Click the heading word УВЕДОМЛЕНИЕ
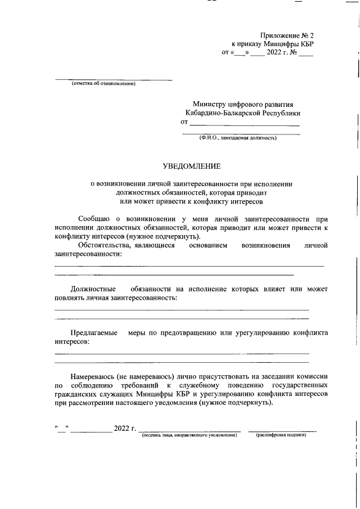[192, 166]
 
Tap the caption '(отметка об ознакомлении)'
[103, 84]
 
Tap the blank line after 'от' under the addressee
[244, 124]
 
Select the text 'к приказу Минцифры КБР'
[272, 44]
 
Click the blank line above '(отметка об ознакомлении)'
[113, 80]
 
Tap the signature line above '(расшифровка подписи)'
[282, 430]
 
